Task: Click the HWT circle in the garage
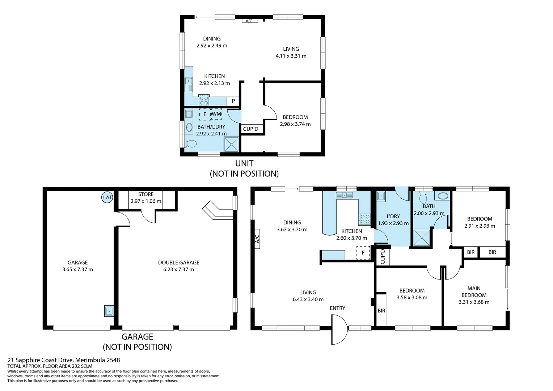tap(107, 197)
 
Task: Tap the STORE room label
tap(146, 194)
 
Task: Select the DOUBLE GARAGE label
tap(178, 262)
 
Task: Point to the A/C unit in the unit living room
tap(249, 21)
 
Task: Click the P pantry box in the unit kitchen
tap(233, 101)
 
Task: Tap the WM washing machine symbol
tap(216, 114)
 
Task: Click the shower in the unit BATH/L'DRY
tap(231, 144)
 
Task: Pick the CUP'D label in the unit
tap(250, 129)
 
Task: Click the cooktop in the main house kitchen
tap(364, 219)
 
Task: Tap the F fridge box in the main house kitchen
tap(363, 253)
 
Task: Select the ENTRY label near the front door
tap(337, 308)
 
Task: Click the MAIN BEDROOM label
tap(474, 291)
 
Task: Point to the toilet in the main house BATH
tap(423, 197)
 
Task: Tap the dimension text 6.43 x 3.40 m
tap(308, 299)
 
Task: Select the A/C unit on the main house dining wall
tap(257, 239)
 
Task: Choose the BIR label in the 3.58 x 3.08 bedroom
tap(381, 311)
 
